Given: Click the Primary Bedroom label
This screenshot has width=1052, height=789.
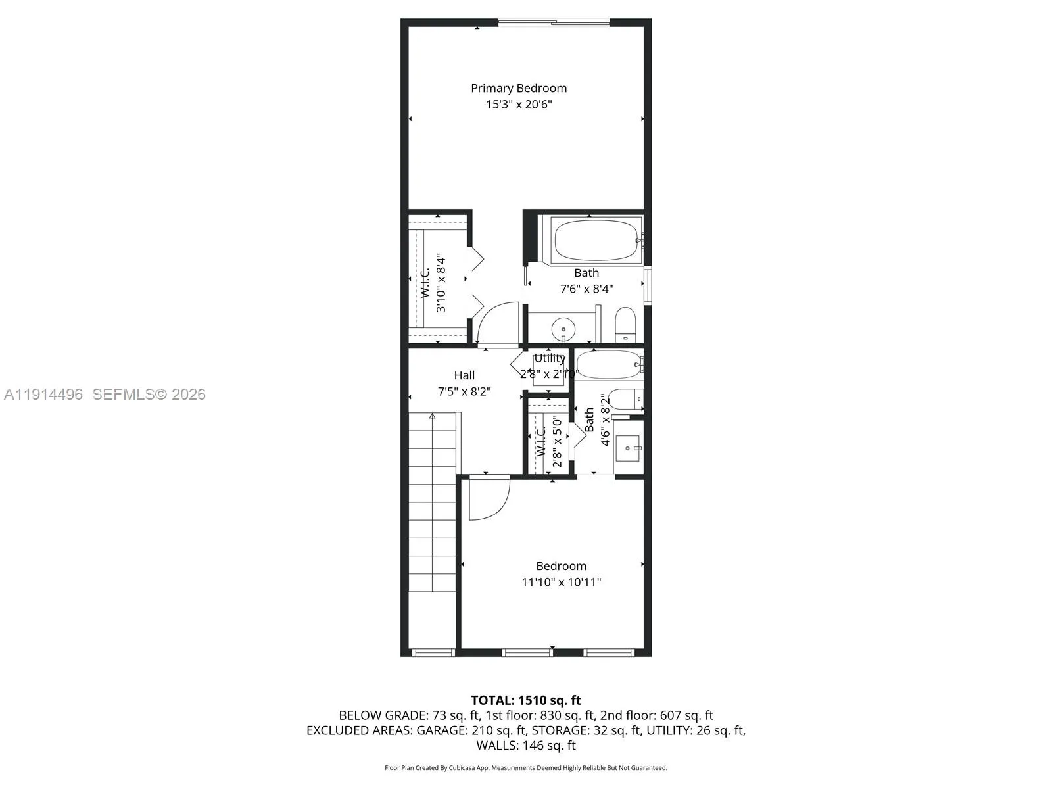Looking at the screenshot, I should (x=518, y=88).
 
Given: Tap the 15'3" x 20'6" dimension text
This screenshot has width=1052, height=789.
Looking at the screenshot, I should (x=518, y=105).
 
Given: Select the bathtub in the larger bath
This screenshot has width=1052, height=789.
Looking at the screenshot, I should (x=596, y=240).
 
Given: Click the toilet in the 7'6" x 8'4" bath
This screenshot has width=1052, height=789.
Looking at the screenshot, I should (x=625, y=323).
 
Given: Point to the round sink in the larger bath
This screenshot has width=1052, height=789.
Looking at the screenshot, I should (x=563, y=328).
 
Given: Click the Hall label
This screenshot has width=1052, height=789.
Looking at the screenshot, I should (x=464, y=375).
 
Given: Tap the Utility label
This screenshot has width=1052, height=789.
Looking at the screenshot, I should (x=549, y=358).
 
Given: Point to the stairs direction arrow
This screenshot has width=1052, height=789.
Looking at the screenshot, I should (x=433, y=416).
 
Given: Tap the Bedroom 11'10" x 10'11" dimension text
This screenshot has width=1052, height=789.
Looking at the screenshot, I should (x=561, y=582).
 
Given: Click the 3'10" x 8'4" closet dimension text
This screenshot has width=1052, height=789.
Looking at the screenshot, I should (x=441, y=284).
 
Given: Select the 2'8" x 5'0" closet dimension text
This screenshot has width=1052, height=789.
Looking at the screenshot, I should (x=557, y=441).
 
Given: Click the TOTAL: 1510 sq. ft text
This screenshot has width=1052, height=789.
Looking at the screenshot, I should (x=525, y=700).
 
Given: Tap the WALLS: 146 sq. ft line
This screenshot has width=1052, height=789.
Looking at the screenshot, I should (x=525, y=746).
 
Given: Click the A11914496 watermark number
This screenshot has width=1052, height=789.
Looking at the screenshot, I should (x=43, y=394).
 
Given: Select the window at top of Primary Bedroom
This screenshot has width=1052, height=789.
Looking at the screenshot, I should (x=554, y=24).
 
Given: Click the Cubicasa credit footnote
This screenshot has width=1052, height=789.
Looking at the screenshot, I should (x=525, y=768).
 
